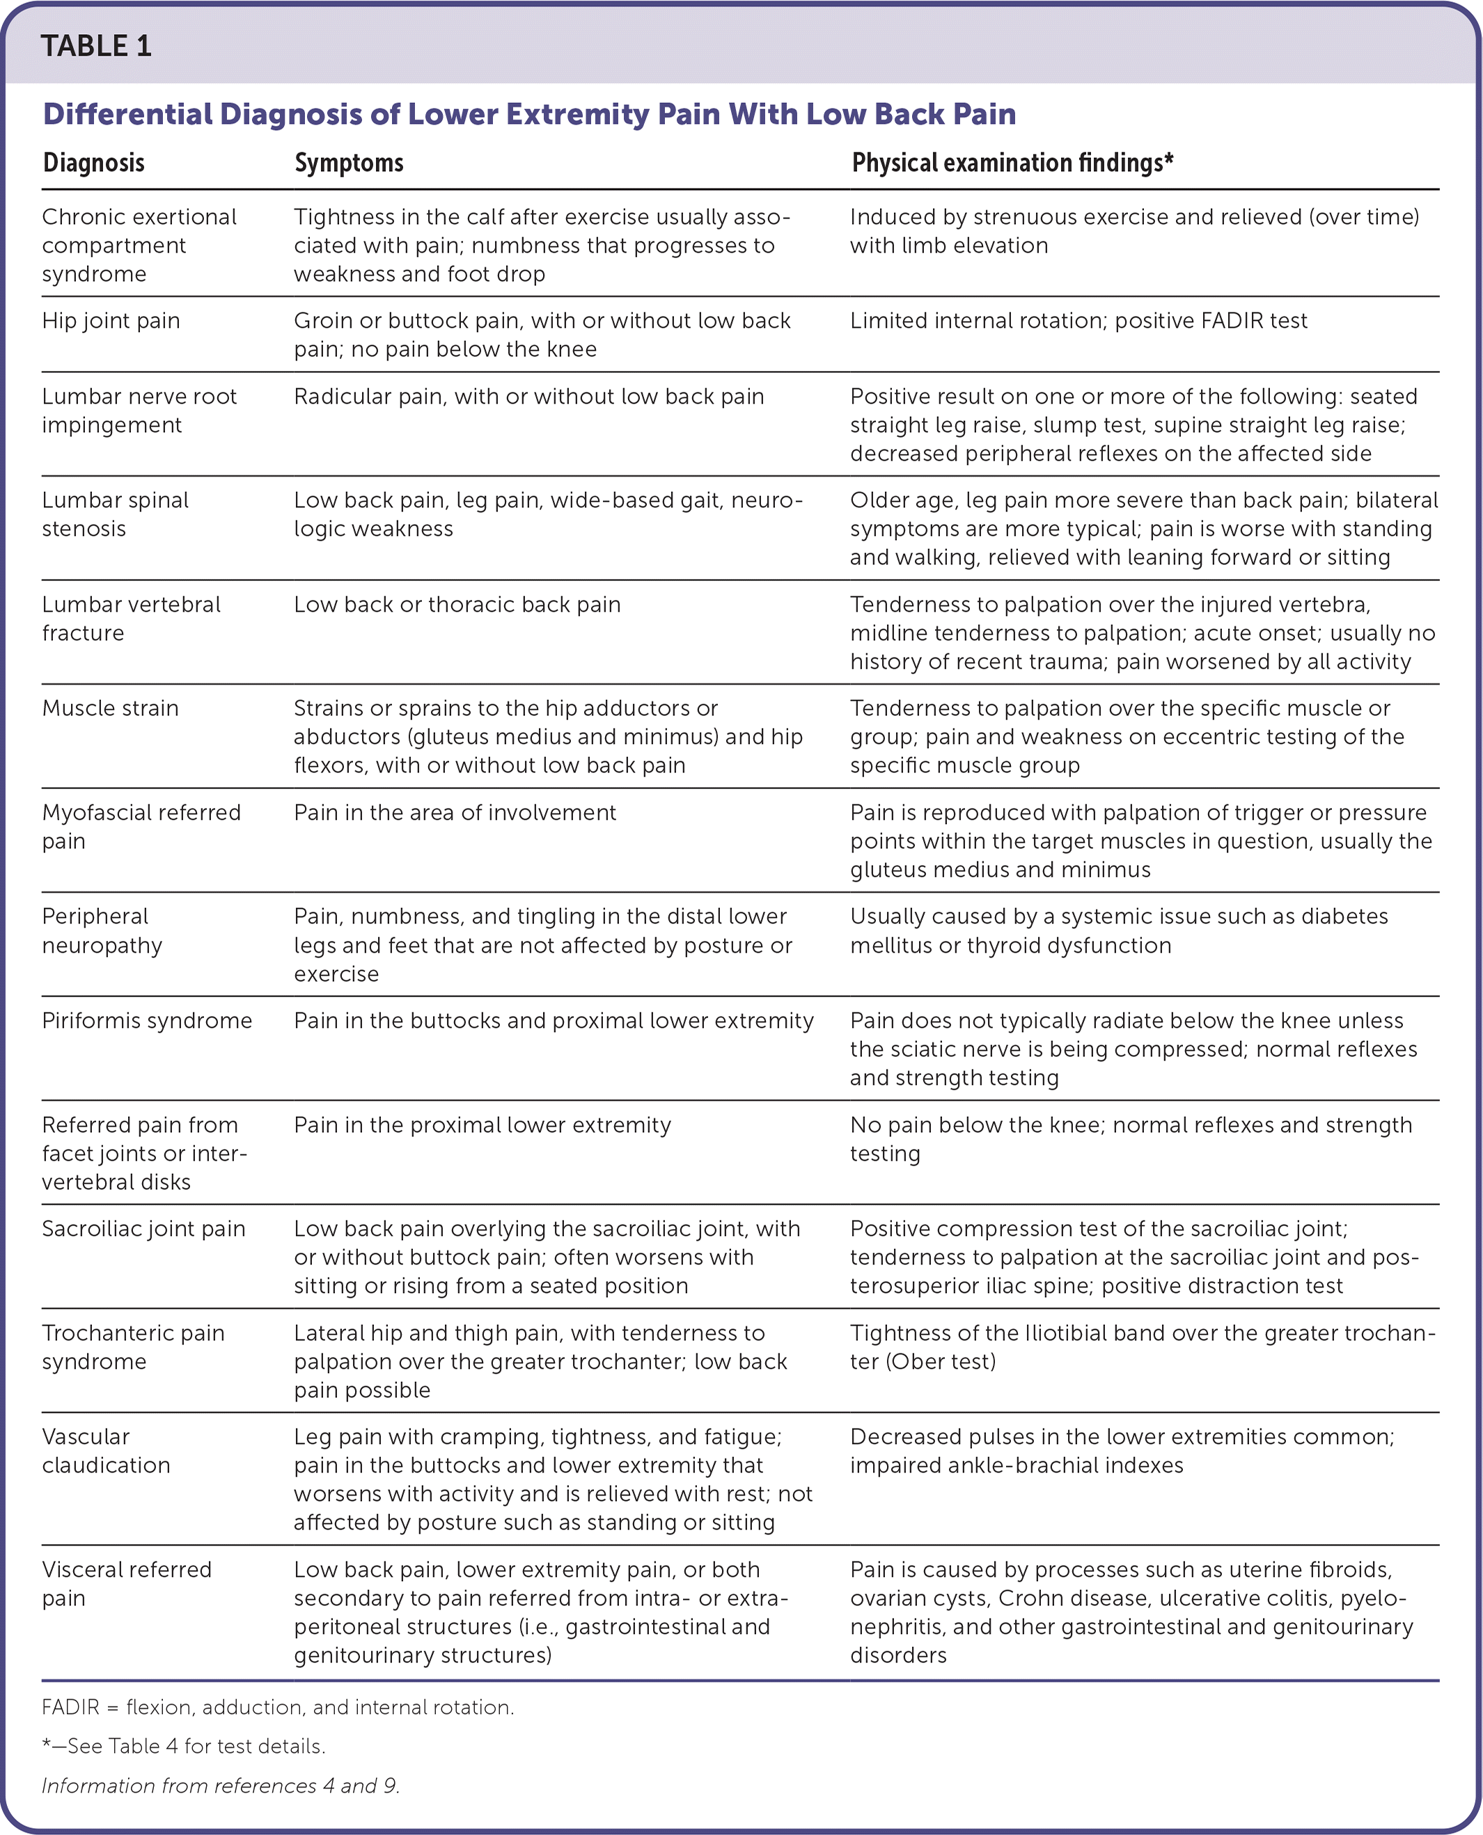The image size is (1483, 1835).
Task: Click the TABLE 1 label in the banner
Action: click(97, 46)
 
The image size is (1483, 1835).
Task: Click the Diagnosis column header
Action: click(94, 163)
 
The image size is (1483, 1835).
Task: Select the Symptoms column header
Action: click(349, 163)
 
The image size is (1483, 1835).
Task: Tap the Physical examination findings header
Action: click(1012, 163)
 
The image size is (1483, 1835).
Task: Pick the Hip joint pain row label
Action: click(111, 321)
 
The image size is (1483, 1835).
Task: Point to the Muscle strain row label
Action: click(110, 708)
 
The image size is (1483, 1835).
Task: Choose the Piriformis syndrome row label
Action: click(147, 1022)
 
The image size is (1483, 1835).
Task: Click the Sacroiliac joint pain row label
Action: click(143, 1230)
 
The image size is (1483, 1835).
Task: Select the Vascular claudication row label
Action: click(106, 1452)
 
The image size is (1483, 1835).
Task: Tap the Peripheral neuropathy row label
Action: click(102, 931)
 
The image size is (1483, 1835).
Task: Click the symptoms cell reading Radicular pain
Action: click(528, 397)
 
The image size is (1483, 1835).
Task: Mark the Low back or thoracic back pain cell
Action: click(457, 605)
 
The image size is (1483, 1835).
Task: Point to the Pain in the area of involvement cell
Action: click(455, 813)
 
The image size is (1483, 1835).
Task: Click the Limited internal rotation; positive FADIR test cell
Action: click(1078, 321)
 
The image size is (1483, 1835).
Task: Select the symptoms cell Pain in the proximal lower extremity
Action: click(482, 1125)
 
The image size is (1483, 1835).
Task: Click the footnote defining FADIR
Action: click(278, 1708)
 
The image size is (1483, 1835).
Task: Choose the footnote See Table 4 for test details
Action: click(184, 1746)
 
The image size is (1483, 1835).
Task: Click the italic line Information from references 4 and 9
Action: click(221, 1786)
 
